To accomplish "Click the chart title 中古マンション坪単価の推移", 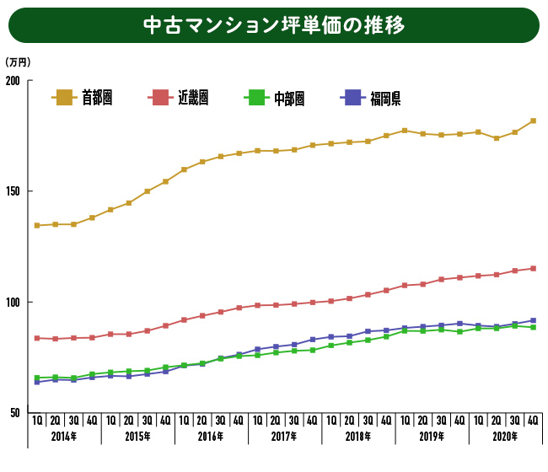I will [x=274, y=25].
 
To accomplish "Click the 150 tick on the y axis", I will [x=14, y=191].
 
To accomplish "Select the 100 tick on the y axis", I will [x=14, y=303].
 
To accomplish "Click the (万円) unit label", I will [x=17, y=62].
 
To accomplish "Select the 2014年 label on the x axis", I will [x=64, y=437].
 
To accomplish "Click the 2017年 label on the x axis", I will [x=284, y=437].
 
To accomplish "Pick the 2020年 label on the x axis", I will [x=505, y=437].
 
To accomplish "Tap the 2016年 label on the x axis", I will [x=211, y=437].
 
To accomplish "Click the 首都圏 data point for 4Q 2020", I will [x=533, y=121].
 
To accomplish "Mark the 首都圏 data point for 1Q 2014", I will [x=37, y=225].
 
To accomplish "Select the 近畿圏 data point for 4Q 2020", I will [x=533, y=269].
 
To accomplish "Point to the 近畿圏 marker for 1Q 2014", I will [x=37, y=338].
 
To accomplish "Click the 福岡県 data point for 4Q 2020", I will [x=533, y=320].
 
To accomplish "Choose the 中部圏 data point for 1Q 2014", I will [x=37, y=378].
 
